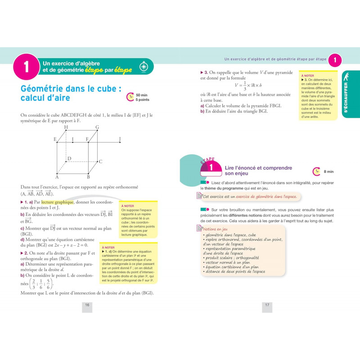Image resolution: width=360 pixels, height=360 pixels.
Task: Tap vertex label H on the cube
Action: [66, 127]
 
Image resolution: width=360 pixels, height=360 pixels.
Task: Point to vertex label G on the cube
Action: [97, 127]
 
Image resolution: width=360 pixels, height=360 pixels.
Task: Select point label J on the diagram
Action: [120, 139]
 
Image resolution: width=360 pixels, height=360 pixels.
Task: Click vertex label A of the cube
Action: [57, 176]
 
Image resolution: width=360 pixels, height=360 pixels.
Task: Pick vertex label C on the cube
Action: [100, 162]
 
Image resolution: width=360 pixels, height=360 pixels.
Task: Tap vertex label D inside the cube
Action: [69, 158]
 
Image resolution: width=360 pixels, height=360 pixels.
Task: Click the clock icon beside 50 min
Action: [130, 97]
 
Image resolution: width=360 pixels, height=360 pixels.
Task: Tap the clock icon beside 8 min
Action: [316, 171]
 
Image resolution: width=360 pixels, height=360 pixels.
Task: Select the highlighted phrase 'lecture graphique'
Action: [54, 202]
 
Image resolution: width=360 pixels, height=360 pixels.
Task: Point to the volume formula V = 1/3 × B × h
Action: [248, 85]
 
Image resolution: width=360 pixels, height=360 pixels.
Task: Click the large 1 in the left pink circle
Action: [26, 67]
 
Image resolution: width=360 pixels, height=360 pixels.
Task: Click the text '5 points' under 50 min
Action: [143, 99]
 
